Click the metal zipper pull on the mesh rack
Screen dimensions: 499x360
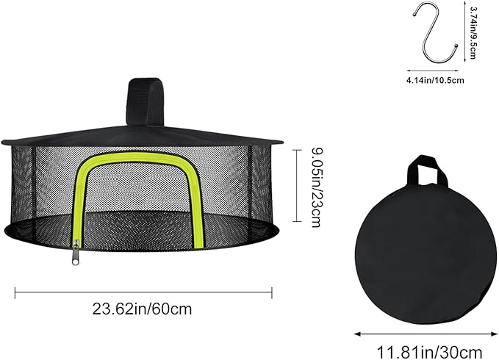[x=75, y=253]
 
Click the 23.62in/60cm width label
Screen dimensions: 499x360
[x=143, y=309]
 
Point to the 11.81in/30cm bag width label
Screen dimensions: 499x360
[x=429, y=353]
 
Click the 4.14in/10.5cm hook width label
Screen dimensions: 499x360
[x=435, y=81]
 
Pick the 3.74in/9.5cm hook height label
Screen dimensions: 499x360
[x=473, y=33]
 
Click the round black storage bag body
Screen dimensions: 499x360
[x=426, y=253]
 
